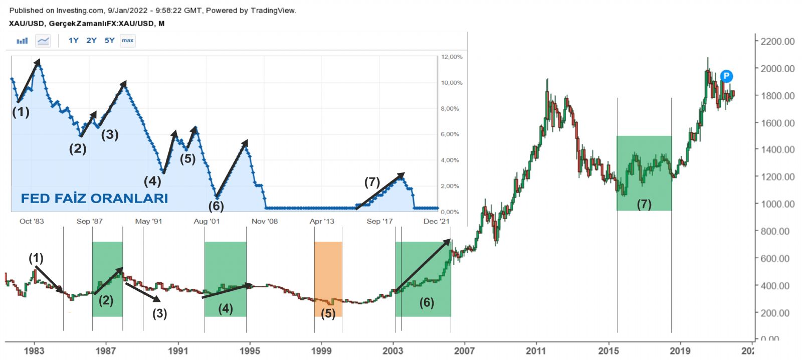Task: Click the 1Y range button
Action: pos(73,41)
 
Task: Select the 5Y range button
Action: pos(109,41)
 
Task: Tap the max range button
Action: pos(128,41)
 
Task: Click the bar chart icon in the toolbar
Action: pos(22,41)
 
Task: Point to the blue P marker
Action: pos(726,76)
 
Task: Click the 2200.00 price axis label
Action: pos(777,42)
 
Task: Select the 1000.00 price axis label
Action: pos(777,204)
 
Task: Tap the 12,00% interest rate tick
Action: pos(451,57)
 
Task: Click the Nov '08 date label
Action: pos(265,221)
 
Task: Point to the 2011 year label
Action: pos(536,350)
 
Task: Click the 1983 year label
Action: pos(34,350)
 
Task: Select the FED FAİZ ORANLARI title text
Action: pos(94,199)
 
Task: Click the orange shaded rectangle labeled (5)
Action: pos(328,278)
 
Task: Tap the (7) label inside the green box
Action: pos(644,204)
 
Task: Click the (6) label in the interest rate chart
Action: pos(216,206)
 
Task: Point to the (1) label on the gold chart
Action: pos(36,258)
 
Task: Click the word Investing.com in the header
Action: pos(80,11)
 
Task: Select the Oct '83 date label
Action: pos(32,221)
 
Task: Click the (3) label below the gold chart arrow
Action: pos(159,314)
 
